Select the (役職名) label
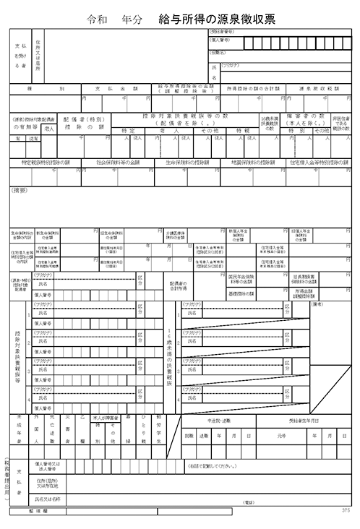(x=220, y=52)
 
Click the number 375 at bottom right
(x=347, y=510)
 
